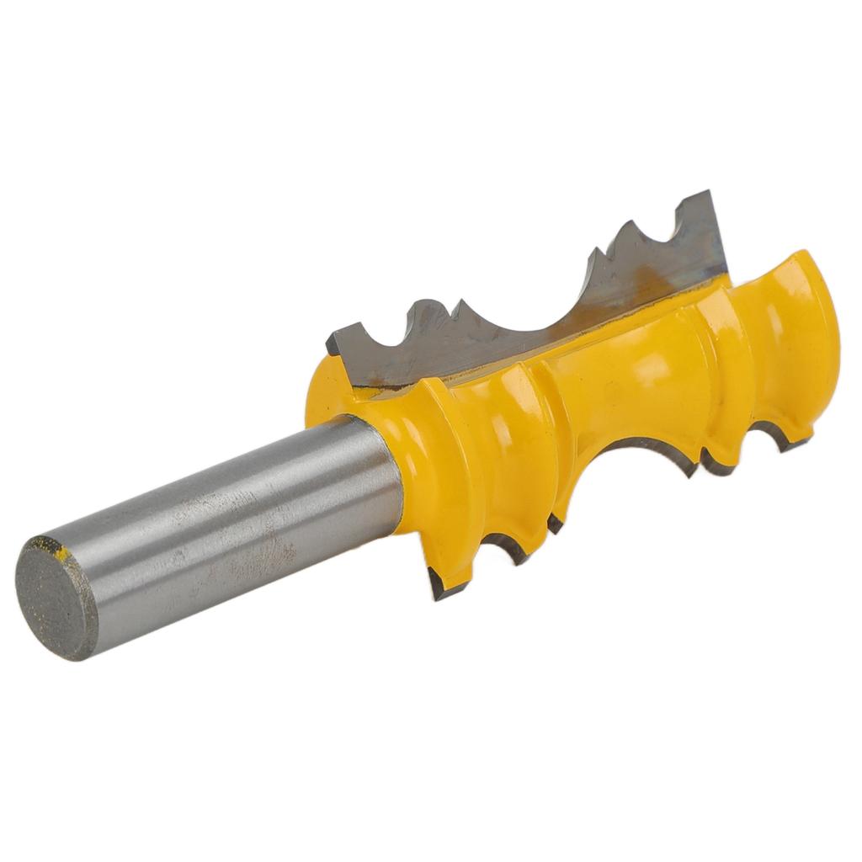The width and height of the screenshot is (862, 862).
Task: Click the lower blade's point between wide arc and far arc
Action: (x=707, y=463)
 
